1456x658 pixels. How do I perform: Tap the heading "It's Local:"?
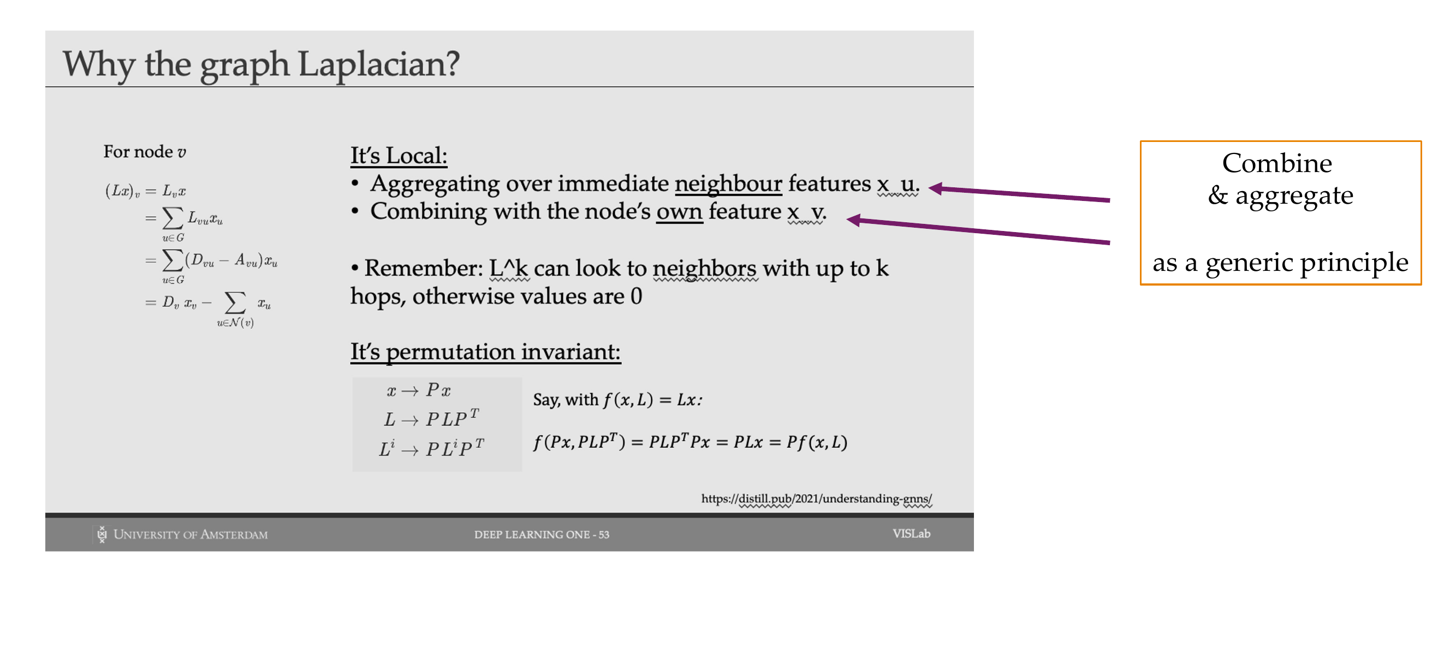tap(399, 156)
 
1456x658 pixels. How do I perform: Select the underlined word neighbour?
tap(728, 184)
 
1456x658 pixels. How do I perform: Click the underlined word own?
tap(679, 212)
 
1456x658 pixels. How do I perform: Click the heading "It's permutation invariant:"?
tap(485, 352)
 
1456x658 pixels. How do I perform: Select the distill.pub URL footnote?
tap(816, 499)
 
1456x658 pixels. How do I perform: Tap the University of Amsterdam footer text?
tap(191, 534)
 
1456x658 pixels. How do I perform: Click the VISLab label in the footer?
tap(911, 533)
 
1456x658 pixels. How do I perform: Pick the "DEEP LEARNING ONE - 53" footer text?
tap(542, 534)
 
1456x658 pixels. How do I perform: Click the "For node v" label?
tap(145, 151)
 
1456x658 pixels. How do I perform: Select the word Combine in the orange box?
tap(1277, 163)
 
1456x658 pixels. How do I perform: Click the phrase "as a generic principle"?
tap(1280, 263)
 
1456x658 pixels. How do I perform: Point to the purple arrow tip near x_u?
tap(930, 188)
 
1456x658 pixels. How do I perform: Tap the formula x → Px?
tap(419, 390)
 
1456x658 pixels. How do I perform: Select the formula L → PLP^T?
tap(431, 418)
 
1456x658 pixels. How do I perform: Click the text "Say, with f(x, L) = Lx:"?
tap(618, 400)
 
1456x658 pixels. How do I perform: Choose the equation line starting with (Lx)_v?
tap(145, 191)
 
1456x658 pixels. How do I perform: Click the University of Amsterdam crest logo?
tap(102, 534)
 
